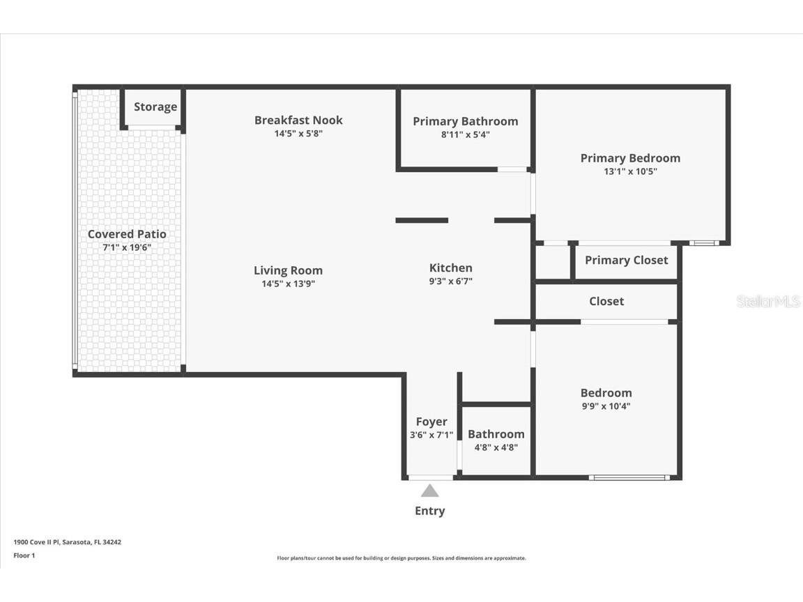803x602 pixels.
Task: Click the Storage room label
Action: [x=155, y=107]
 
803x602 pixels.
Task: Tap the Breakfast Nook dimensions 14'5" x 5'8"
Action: [x=298, y=134]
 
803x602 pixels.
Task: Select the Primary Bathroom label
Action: [x=466, y=121]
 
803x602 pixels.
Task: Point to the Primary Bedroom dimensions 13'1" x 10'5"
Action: [x=630, y=171]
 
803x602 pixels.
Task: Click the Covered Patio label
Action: [x=127, y=234]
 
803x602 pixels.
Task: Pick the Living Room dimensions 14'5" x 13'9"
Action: [x=288, y=284]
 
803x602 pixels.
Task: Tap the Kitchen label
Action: [x=450, y=268]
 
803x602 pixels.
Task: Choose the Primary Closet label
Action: [x=626, y=260]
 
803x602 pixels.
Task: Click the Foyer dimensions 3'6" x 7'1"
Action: [x=431, y=435]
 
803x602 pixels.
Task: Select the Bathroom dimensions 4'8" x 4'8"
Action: [x=496, y=447]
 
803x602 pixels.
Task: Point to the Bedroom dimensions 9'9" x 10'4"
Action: [x=606, y=406]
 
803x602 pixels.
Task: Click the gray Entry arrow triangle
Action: [x=430, y=491]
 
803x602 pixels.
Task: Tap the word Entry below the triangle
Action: [x=429, y=511]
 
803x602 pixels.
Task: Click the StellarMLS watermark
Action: [x=768, y=301]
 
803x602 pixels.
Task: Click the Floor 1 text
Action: [x=24, y=555]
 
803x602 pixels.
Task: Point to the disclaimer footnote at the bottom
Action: [x=401, y=558]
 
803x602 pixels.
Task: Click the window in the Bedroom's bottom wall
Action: [x=629, y=477]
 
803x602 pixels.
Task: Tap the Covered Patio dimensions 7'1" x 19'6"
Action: [x=127, y=247]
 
